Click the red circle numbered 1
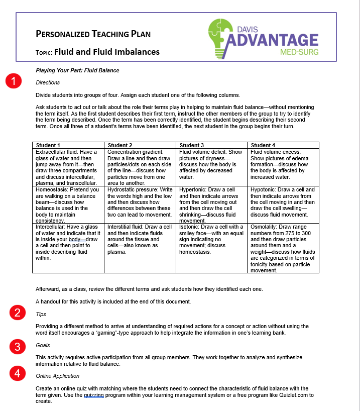click(x=14, y=81)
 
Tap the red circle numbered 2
click(x=18, y=313)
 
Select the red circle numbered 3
click(x=18, y=346)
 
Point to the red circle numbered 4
click(x=18, y=373)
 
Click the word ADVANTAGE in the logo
click(x=274, y=40)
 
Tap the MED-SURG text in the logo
click(x=300, y=51)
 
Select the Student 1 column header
click(x=48, y=145)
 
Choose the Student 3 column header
click(x=192, y=145)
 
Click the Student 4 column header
click(x=263, y=145)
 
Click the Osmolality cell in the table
click(x=284, y=248)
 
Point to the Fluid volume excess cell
click(x=284, y=164)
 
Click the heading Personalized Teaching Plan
click(x=93, y=34)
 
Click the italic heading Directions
click(x=48, y=82)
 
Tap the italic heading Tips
click(x=41, y=314)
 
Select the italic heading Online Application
click(x=57, y=376)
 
